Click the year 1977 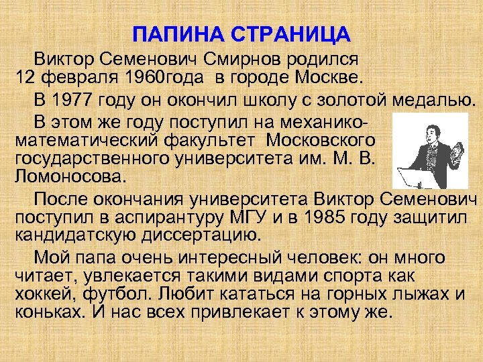[x=71, y=101]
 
